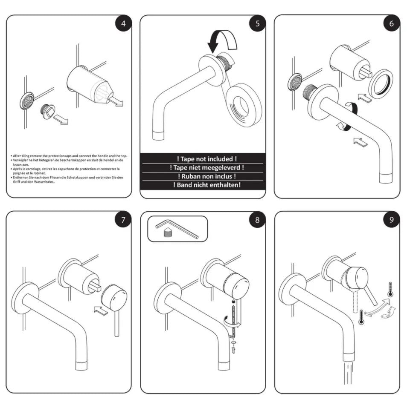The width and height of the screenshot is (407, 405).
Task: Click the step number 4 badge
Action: (x=123, y=23)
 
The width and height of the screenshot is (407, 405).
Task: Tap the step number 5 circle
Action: (x=257, y=23)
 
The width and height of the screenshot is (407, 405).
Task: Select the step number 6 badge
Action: (x=391, y=23)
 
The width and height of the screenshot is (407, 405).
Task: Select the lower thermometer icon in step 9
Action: (x=361, y=317)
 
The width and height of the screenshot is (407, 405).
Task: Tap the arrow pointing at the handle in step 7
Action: (x=100, y=310)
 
